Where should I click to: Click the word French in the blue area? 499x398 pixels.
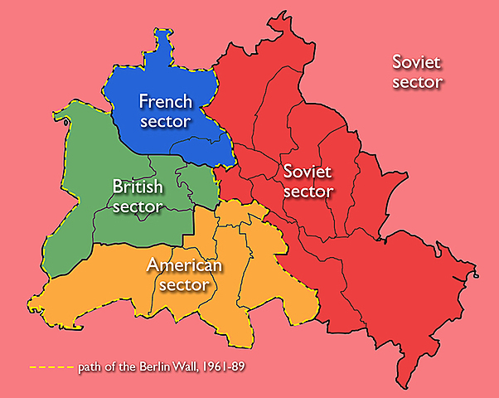click(165, 102)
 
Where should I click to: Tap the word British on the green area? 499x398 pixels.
click(138, 187)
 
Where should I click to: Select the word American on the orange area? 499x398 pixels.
click(184, 266)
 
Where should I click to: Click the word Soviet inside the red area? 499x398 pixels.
click(307, 172)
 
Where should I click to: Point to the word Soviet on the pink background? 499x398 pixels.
click(417, 62)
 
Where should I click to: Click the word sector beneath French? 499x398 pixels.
click(165, 121)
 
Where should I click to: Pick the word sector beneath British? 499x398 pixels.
click(138, 206)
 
